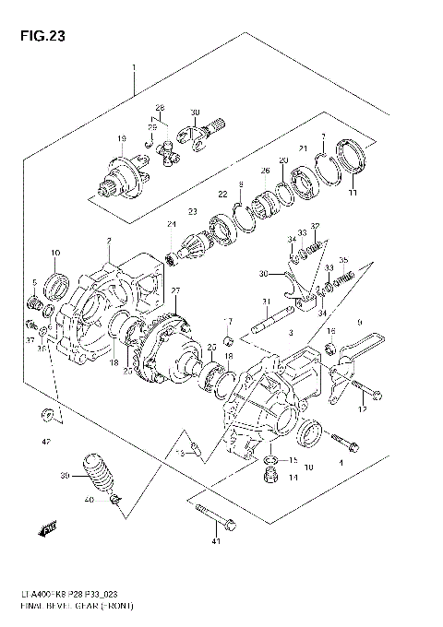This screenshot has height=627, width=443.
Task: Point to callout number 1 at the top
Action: [135, 69]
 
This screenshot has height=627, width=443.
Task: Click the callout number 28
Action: [159, 108]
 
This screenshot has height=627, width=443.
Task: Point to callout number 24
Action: [171, 225]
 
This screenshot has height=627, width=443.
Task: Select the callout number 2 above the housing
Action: [108, 241]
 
